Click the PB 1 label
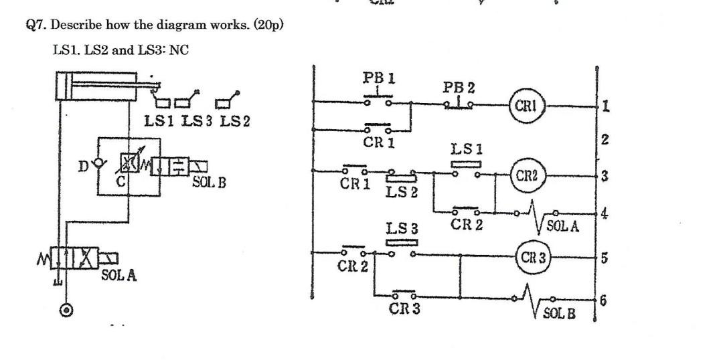378,78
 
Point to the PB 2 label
459,88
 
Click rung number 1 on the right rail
605,106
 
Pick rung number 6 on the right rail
605,301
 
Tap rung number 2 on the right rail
605,140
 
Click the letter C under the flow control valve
122,181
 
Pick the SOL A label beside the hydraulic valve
119,274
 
